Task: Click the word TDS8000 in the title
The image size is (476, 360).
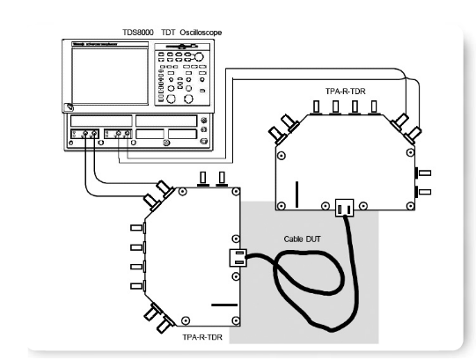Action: coord(138,33)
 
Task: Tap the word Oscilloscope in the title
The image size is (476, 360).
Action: coord(201,33)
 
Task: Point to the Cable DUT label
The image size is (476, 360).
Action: coord(302,239)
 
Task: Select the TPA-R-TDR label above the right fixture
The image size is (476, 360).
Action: coord(346,92)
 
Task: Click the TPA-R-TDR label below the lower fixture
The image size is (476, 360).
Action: coord(202,337)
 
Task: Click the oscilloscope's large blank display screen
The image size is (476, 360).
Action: coord(110,76)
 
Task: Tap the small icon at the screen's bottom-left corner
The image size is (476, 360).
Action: coord(69,107)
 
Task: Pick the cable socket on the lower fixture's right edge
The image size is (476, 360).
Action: coord(238,258)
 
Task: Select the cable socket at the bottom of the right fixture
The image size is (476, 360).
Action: coord(345,208)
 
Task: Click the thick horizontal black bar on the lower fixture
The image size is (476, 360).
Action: coord(224,305)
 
